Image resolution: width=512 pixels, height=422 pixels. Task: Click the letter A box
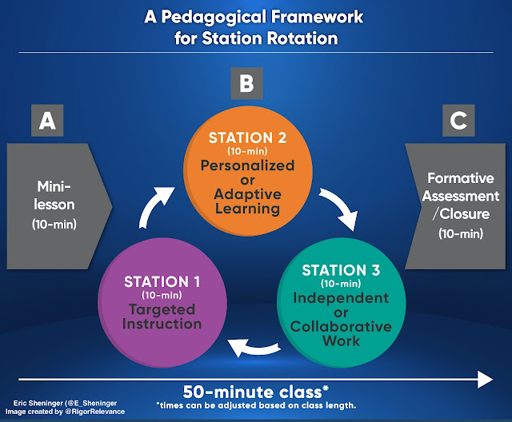coord(47,121)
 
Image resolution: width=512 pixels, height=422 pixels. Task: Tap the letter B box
coord(247,83)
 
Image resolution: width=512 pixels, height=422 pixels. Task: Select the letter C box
coord(458,121)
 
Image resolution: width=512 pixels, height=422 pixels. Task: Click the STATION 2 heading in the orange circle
coord(247,138)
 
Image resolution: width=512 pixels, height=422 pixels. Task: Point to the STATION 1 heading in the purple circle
coord(162,282)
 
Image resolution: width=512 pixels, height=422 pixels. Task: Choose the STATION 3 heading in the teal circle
coord(341,270)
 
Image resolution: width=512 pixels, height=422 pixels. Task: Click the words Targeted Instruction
coord(162,316)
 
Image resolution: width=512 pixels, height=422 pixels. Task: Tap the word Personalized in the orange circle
coord(247,165)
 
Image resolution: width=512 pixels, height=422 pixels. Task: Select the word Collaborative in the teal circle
coord(341,326)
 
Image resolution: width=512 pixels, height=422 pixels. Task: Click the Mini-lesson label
coord(54,196)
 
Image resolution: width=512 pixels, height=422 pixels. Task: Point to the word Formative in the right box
coord(461,178)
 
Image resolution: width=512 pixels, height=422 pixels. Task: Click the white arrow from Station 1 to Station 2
coord(154,205)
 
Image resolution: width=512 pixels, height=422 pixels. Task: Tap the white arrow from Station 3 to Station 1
coord(254,348)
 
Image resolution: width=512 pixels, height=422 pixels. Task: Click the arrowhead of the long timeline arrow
coord(486,380)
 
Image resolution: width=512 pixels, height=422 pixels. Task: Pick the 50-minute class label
coord(256,392)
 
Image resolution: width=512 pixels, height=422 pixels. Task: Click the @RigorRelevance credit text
coord(95,412)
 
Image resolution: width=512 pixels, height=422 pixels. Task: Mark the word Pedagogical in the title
coord(213,17)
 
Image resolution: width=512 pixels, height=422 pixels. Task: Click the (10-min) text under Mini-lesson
coord(54,224)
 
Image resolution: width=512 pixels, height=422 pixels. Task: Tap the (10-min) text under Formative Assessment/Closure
coord(461,233)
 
